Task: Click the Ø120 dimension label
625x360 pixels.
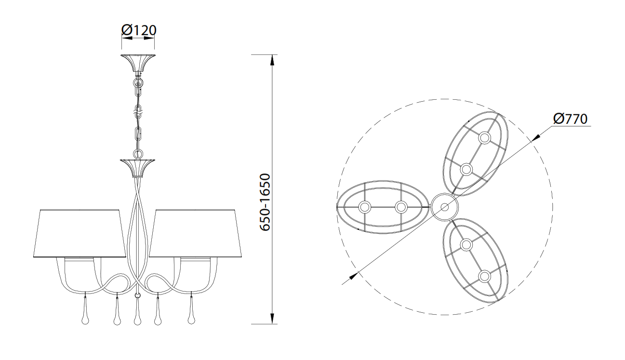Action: pos(139,30)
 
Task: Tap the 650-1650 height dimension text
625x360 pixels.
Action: pos(265,202)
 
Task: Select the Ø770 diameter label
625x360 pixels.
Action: pos(571,119)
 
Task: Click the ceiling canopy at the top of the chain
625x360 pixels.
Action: pos(138,63)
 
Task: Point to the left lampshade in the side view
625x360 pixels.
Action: pos(80,233)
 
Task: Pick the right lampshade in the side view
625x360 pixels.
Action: pos(195,233)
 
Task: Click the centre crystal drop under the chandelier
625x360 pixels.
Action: pos(137,311)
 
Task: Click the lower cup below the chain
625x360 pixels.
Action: pos(137,168)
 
